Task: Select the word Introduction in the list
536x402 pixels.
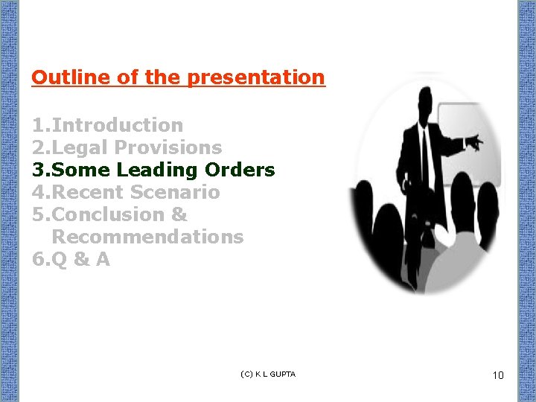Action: coord(117,125)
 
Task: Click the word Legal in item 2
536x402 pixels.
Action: coord(81,147)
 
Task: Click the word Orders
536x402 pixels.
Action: coord(240,170)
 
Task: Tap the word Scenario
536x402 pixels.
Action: coord(175,192)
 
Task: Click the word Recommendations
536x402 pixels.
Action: coord(147,237)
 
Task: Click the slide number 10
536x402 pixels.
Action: coord(498,375)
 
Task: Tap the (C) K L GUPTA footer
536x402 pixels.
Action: coord(269,374)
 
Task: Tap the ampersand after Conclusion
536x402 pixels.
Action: coord(179,214)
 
